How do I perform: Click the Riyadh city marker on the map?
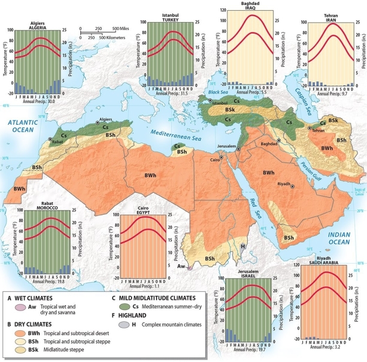tap(293, 187)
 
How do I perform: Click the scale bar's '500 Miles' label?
tap(123, 29)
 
